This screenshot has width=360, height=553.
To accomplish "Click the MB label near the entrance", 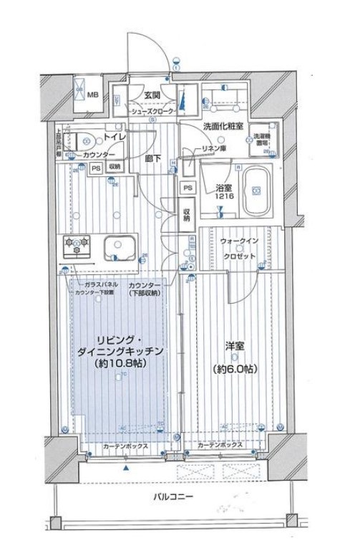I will (x=92, y=94).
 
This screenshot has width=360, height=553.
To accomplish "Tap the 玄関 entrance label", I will (x=152, y=95).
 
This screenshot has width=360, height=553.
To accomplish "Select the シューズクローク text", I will (x=152, y=112).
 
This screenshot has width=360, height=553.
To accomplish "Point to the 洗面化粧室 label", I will (x=223, y=126).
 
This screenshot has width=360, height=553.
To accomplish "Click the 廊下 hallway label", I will (x=151, y=158).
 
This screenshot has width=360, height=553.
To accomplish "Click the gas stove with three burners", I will (x=77, y=246).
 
